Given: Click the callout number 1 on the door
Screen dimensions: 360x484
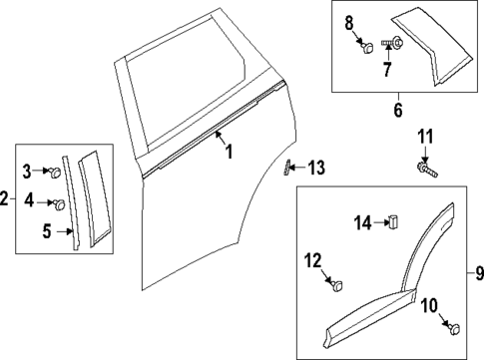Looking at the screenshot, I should [x=228, y=153].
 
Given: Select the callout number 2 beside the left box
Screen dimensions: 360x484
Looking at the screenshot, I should [x=6, y=200].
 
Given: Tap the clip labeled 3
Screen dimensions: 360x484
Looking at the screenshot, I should [x=57, y=172].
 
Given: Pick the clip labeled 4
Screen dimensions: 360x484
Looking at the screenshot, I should [x=59, y=204].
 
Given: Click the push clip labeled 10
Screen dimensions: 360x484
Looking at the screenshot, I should [x=455, y=328].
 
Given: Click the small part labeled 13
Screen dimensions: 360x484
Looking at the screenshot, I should [x=287, y=166].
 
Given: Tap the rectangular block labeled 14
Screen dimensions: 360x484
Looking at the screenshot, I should [x=392, y=221].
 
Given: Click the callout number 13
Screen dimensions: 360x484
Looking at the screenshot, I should [x=315, y=167].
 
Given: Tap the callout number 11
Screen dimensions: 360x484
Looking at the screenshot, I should [x=425, y=136].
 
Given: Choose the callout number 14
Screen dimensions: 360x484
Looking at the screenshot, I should [x=362, y=221].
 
